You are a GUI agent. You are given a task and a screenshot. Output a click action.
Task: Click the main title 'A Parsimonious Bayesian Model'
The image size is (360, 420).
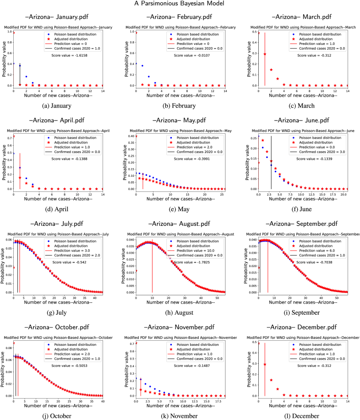pyautogui.click(x=180, y=5)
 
